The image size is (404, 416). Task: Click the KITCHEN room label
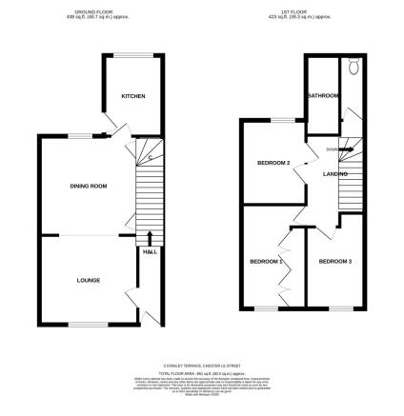(132, 96)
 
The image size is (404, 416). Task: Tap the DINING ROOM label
(87, 186)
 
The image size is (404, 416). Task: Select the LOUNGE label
(87, 279)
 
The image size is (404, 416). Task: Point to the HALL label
(150, 251)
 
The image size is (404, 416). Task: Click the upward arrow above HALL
(151, 237)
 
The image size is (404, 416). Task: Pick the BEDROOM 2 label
(273, 163)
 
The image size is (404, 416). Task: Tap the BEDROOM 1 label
(266, 261)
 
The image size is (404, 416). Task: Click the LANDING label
(334, 174)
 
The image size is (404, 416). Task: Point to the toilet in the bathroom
(353, 68)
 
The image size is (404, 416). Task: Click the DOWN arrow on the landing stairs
(332, 149)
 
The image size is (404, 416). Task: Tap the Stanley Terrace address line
(203, 363)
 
